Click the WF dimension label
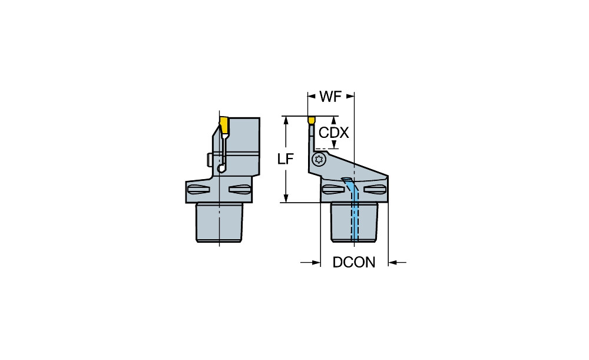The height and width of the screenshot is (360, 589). pos(330,97)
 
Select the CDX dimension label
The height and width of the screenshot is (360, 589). pos(333,133)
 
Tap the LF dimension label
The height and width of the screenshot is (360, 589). pos(285,159)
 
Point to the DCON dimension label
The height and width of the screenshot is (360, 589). pos(354,262)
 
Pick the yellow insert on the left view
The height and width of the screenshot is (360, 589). pos(224,125)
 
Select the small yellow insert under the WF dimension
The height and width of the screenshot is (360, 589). pos(312,120)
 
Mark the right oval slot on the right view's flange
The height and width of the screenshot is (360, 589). pos(375,189)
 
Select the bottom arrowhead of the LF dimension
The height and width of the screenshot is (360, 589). pos(286,198)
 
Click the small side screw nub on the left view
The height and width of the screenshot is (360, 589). pos(210,159)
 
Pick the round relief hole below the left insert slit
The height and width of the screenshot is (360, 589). pos(221,168)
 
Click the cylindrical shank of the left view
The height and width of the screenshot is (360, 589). pos(219,222)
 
